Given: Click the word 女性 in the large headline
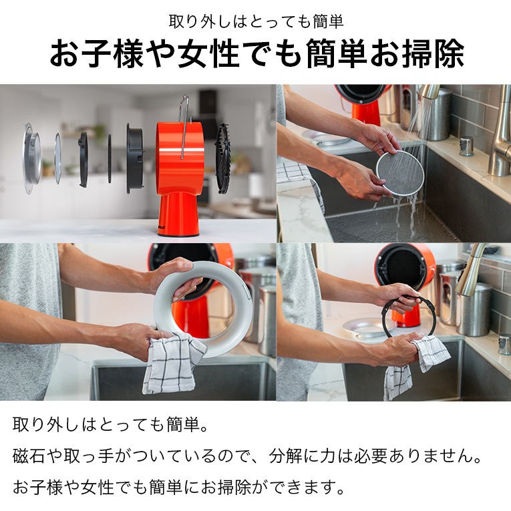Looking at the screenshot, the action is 209,54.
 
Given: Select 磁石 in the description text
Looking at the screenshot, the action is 29,456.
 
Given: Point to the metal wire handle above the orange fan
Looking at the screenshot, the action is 184,127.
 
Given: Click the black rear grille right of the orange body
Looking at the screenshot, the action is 223,158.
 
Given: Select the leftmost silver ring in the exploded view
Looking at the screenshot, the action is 31,158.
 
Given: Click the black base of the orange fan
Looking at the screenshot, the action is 178,234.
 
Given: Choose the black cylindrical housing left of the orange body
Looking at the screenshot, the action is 135,158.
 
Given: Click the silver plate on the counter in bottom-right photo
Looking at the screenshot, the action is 362,327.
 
